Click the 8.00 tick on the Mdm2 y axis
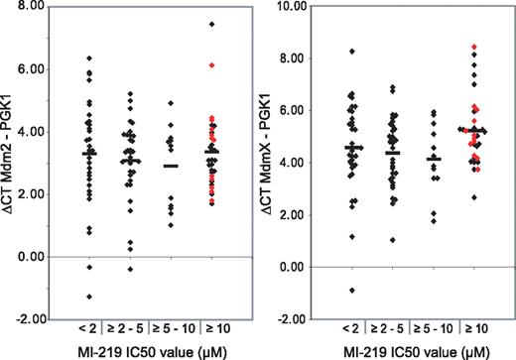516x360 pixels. pos(40,6)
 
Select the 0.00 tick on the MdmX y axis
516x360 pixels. pos(301,267)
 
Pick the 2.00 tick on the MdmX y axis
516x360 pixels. pos(301,215)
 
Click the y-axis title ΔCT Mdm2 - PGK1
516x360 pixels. pos(12,161)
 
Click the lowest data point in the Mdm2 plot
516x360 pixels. pos(89,297)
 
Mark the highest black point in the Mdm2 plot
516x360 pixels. pos(210,24)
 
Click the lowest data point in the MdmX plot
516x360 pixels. pos(349,290)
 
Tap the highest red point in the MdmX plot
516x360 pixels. pos(474,47)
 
